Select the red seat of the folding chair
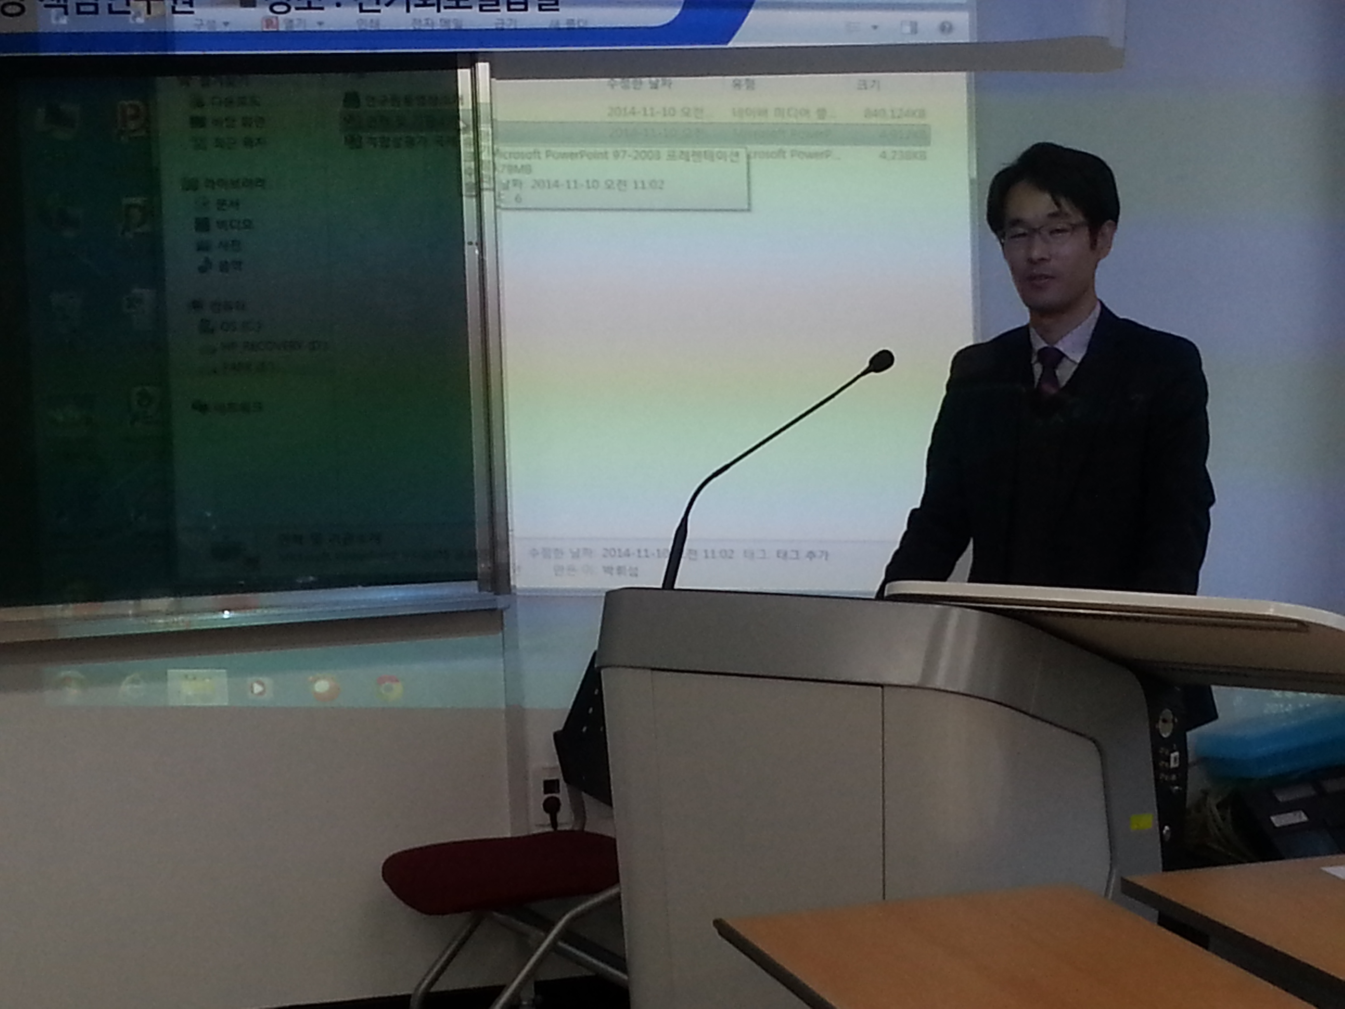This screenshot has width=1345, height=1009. coord(499,872)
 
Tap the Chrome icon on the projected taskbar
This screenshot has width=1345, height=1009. coord(387,688)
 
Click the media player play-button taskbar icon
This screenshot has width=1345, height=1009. coord(257,688)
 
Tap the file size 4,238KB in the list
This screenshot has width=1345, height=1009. coord(902,156)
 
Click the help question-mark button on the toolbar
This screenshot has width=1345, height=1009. coord(946,28)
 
